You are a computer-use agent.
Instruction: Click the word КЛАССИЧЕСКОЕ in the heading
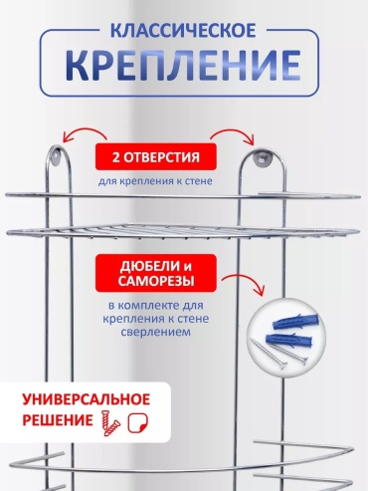pyautogui.click(x=183, y=30)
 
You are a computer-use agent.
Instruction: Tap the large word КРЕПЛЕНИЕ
pyautogui.click(x=183, y=65)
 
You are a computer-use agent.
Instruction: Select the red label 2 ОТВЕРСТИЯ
pyautogui.click(x=156, y=156)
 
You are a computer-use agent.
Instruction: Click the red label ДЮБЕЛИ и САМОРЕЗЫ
pyautogui.click(x=156, y=273)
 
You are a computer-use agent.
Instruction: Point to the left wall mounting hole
pyautogui.click(x=57, y=154)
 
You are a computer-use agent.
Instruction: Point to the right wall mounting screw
pyautogui.click(x=262, y=156)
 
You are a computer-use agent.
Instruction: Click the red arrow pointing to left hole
pyautogui.click(x=85, y=134)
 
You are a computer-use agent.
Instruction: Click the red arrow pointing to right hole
pyautogui.click(x=233, y=134)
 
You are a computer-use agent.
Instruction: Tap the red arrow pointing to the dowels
pyautogui.click(x=245, y=282)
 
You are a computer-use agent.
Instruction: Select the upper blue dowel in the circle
pyautogui.click(x=295, y=321)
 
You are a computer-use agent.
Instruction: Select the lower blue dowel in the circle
pyautogui.click(x=289, y=340)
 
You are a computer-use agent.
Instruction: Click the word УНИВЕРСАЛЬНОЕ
pyautogui.click(x=87, y=399)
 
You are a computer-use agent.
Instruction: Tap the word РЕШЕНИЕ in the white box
pyautogui.click(x=58, y=420)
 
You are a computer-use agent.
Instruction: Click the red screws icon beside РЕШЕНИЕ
pyautogui.click(x=110, y=423)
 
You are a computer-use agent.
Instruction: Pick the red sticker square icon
pyautogui.click(x=138, y=423)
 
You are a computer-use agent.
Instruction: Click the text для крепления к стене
pyautogui.click(x=155, y=181)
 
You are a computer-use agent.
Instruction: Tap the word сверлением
pyautogui.click(x=155, y=332)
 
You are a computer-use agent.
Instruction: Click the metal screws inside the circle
pyautogui.click(x=279, y=355)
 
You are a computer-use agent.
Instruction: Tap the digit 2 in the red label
pyautogui.click(x=115, y=157)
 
